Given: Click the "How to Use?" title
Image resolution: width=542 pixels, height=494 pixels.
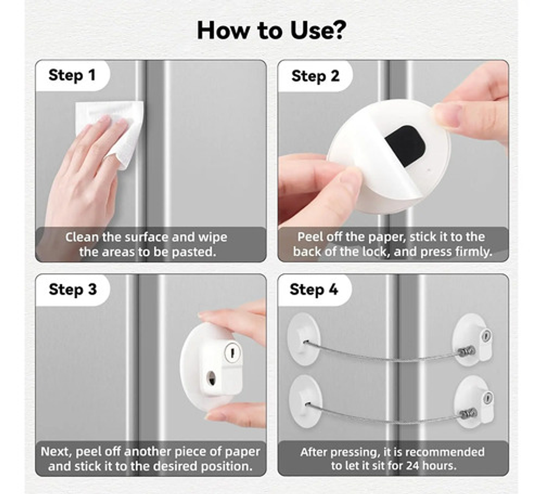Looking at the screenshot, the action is tap(271, 30).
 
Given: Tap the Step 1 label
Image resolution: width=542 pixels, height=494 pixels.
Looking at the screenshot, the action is tap(72, 75).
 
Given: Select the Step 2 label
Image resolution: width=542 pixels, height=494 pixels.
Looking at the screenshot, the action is tap(315, 76).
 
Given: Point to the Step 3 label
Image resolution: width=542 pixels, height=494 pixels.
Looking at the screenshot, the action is tap(73, 289).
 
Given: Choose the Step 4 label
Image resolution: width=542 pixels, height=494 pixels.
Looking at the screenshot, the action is tap(313, 289).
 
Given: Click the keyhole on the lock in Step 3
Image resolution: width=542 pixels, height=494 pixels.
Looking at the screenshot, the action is tap(232, 353).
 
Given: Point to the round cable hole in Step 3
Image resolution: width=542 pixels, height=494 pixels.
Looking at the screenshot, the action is tap(211, 378).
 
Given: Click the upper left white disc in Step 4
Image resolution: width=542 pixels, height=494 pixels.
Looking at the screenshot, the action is tap(304, 338).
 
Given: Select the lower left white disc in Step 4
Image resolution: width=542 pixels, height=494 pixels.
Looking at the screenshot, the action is tap(305, 402).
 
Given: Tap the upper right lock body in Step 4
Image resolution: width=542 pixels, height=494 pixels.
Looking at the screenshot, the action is tap(473, 340).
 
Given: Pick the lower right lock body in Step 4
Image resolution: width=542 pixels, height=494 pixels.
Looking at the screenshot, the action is tap(474, 402).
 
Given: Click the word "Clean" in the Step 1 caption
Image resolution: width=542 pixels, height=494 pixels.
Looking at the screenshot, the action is tap(82, 237).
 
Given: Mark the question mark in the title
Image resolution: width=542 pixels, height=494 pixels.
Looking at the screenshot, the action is tap(338, 30).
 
